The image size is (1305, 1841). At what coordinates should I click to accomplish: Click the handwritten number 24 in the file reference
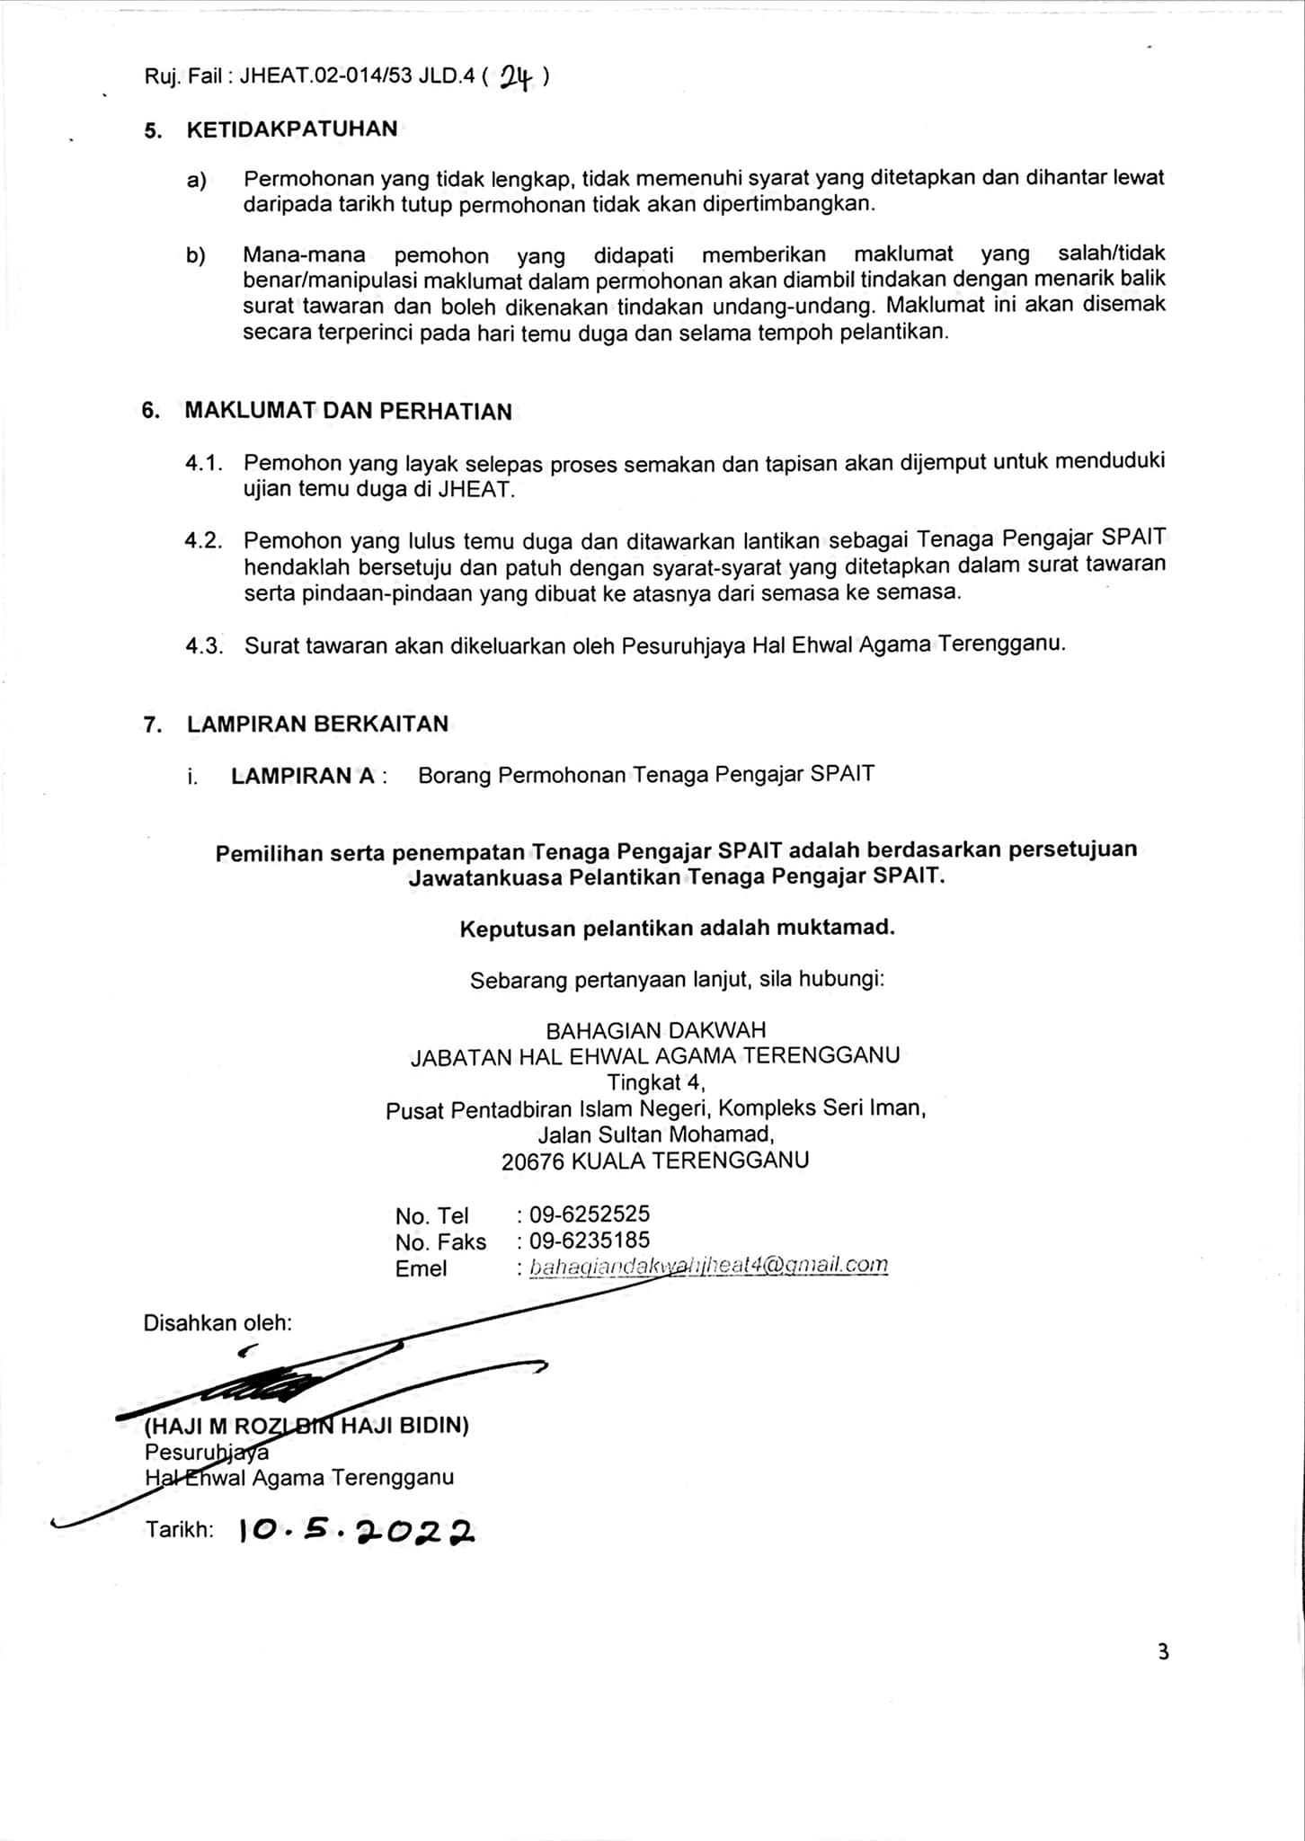[x=517, y=79]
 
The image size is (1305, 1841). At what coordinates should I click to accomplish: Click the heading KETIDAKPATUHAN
[x=291, y=129]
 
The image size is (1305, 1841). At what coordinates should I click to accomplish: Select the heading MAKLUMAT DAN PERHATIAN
[x=348, y=412]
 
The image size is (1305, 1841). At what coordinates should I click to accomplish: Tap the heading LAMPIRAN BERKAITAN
[x=317, y=725]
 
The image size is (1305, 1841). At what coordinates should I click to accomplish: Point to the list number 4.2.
[x=203, y=541]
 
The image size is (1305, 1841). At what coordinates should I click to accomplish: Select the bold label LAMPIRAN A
[x=302, y=776]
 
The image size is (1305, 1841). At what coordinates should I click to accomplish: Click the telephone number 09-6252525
[x=590, y=1214]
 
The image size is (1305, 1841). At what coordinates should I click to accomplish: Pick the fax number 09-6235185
[x=590, y=1241]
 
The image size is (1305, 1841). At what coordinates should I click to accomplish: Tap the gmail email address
[x=708, y=1266]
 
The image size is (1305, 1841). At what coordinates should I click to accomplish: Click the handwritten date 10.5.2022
[x=357, y=1530]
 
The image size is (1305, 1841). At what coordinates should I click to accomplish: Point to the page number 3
[x=1163, y=1651]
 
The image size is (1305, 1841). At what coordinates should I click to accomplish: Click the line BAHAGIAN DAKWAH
[x=656, y=1030]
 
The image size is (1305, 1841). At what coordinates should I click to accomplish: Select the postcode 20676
[x=533, y=1161]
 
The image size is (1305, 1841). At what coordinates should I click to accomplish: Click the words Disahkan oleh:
[x=217, y=1322]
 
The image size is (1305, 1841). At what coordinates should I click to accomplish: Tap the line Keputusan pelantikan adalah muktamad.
[x=677, y=928]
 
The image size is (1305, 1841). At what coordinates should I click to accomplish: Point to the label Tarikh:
[x=180, y=1530]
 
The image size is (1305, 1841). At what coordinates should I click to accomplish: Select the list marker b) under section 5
[x=196, y=255]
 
